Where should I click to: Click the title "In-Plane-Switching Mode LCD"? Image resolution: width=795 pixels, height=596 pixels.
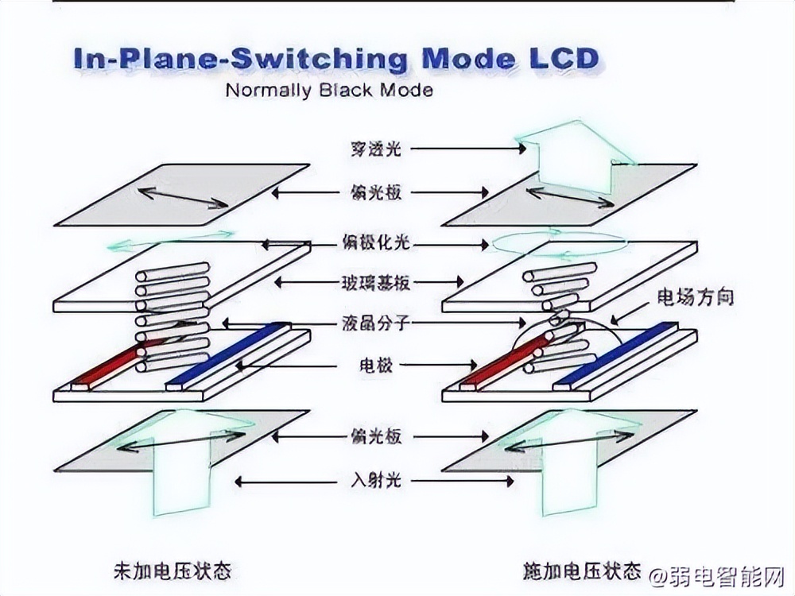coord(336,59)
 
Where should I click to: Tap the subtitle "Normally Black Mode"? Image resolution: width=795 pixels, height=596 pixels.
coord(329,89)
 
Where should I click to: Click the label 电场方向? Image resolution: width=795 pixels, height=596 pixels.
coord(694,298)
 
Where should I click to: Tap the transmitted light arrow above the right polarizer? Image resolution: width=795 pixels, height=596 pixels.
coord(573,155)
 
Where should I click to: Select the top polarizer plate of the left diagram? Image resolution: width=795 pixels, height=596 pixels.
coord(183,194)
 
